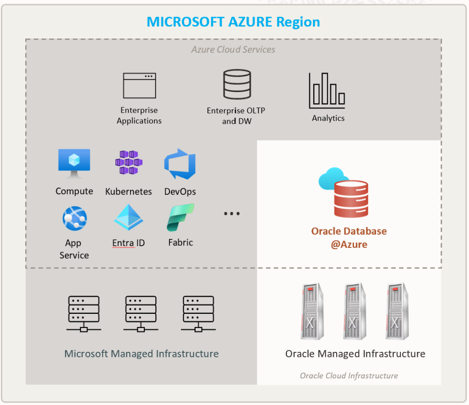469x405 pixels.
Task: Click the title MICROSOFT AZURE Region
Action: (233, 22)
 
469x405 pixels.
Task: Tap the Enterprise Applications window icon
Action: (139, 86)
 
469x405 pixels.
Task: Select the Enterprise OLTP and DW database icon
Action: (237, 84)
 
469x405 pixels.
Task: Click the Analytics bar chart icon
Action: (327, 90)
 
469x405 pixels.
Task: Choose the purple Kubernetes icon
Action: (129, 163)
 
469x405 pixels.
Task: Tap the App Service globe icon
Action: (74, 219)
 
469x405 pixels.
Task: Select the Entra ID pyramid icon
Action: (129, 217)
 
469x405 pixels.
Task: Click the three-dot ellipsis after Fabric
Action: (232, 213)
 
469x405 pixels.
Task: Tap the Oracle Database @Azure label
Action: (349, 237)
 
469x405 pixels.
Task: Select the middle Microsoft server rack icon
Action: (141, 313)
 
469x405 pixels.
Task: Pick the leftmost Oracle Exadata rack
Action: (311, 312)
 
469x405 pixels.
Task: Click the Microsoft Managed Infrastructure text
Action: (141, 354)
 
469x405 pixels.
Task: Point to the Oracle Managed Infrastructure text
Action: (355, 354)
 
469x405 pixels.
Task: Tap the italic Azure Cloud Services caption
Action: (233, 49)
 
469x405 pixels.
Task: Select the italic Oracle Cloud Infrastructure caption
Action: (349, 376)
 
